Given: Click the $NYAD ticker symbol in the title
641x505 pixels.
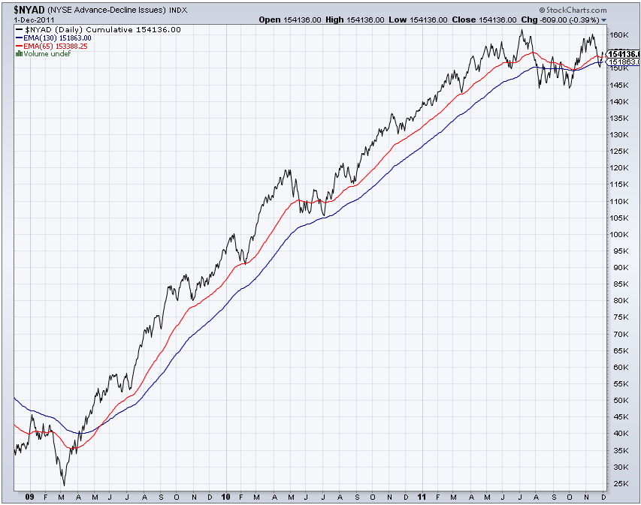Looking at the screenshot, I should [21, 8].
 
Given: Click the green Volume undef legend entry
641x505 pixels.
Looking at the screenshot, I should [43, 53].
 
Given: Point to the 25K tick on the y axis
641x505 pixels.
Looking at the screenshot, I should [618, 483].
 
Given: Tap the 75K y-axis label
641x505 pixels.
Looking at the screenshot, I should [618, 317].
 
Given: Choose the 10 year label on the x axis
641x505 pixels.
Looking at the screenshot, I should [227, 497].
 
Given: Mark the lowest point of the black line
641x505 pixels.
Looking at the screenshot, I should [63, 485].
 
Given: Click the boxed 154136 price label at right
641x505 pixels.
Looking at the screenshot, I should [623, 54].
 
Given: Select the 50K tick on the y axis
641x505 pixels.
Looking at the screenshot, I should [618, 401].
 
